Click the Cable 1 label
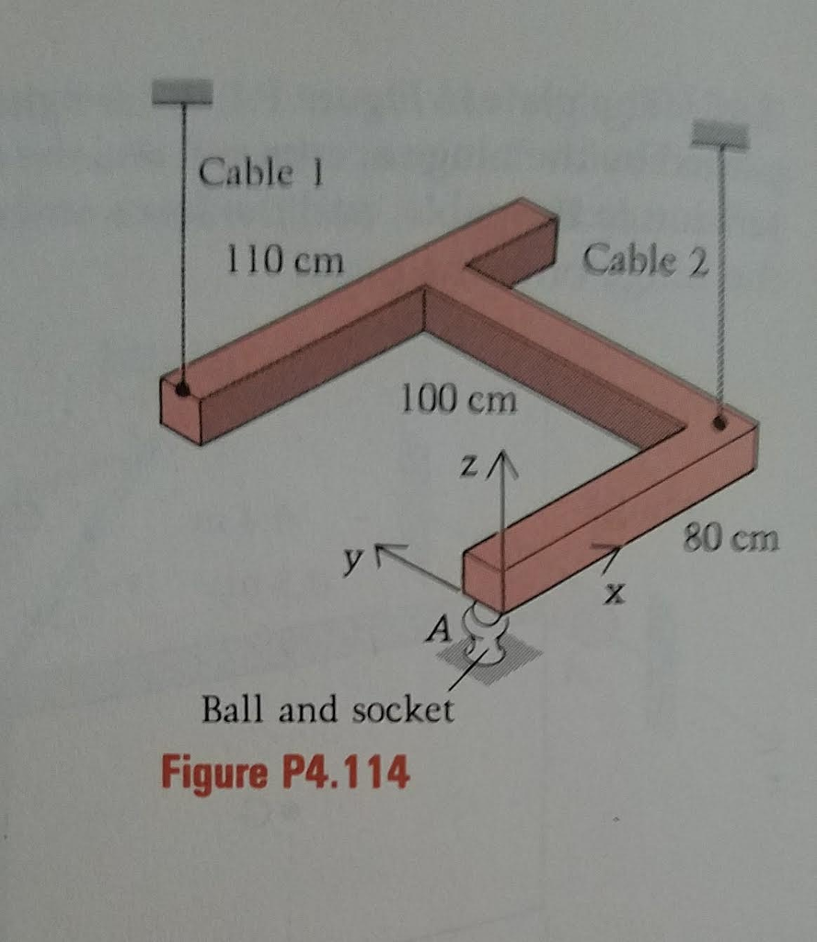pos(261,172)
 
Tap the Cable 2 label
pos(646,260)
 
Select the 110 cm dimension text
pos(284,260)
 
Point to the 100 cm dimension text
pos(458,399)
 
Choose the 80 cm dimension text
pos(731,537)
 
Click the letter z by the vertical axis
pos(469,465)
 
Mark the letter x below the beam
pos(614,593)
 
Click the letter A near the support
pos(439,629)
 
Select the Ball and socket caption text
pos(328,709)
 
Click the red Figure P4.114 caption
pos(286,772)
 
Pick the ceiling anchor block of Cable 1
pos(182,91)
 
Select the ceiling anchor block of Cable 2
pos(719,133)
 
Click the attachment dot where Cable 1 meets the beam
pos(182,390)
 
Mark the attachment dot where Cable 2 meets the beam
pos(719,423)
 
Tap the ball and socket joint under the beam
pos(485,635)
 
